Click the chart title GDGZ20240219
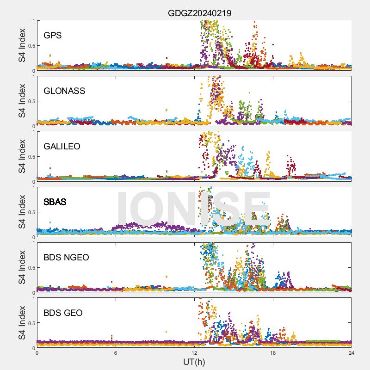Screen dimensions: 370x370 [199, 13]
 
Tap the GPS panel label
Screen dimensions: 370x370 [53, 35]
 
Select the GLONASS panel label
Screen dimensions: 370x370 [64, 91]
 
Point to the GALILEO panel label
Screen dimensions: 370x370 [62, 146]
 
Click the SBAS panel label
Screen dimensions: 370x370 [55, 202]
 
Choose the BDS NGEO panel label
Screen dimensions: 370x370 [66, 257]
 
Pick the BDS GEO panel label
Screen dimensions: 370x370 [63, 313]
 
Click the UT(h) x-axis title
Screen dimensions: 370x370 [194, 361]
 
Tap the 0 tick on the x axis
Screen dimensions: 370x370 [37, 352]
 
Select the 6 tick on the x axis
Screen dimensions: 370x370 [116, 352]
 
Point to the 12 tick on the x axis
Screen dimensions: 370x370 [194, 352]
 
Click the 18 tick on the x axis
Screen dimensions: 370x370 [273, 352]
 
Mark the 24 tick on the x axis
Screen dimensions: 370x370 [351, 352]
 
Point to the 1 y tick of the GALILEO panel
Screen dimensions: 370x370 [33, 132]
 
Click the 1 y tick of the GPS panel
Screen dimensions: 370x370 [33, 21]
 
